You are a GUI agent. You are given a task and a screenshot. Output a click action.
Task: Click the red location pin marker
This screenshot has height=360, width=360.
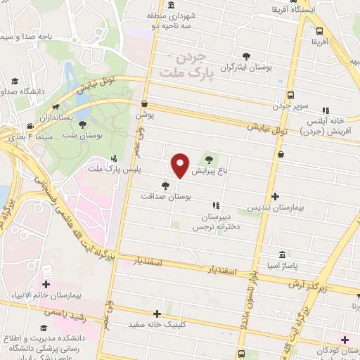tap(181, 165)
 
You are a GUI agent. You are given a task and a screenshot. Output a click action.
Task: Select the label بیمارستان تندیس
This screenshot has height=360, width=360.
tap(274, 209)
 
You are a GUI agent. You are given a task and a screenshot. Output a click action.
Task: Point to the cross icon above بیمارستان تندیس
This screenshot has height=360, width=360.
tap(275, 197)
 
